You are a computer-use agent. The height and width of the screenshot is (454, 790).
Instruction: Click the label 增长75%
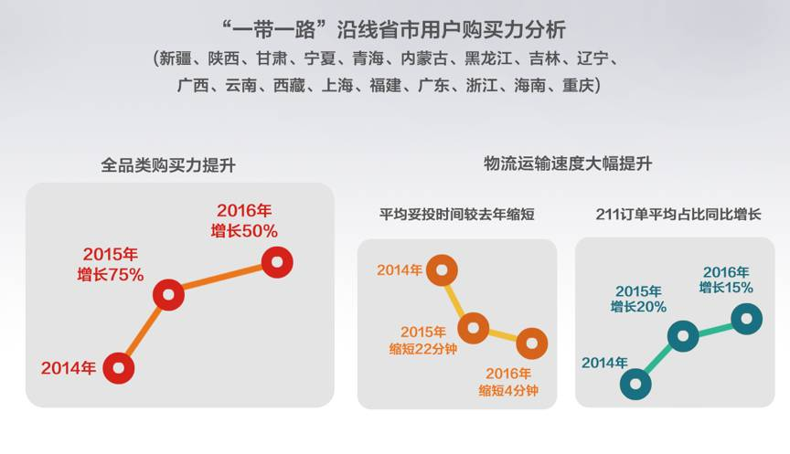click(111, 275)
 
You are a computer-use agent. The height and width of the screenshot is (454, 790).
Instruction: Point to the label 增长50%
click(244, 231)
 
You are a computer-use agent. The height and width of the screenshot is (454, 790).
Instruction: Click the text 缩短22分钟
click(423, 349)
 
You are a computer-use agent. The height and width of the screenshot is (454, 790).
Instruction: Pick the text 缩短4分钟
click(508, 390)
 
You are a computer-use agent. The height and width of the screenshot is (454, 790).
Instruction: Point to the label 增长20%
click(638, 307)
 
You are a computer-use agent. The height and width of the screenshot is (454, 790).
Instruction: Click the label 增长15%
click(726, 288)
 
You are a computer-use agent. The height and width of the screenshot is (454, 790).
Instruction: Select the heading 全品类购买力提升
click(168, 165)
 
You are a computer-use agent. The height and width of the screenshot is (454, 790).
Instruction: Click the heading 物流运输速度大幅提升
click(568, 164)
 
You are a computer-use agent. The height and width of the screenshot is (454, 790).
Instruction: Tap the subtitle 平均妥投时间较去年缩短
click(457, 215)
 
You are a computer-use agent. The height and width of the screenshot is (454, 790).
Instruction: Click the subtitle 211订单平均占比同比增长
click(678, 215)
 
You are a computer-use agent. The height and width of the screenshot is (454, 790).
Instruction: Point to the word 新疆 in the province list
click(176, 58)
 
